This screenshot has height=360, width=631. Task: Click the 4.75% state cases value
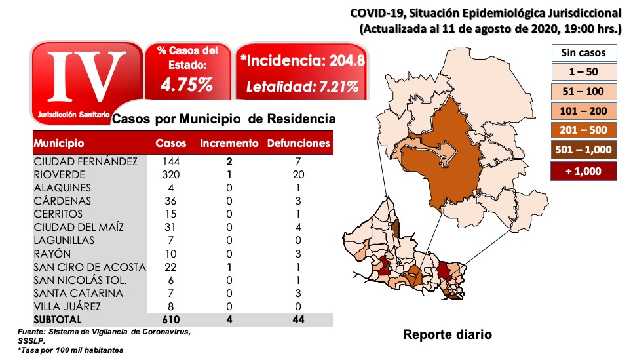coord(187,85)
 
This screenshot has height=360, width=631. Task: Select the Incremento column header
coord(229,143)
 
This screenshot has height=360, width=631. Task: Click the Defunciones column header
coord(299,143)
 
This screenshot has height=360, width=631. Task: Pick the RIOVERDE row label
coord(61,174)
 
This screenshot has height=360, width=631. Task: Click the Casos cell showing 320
coord(170,174)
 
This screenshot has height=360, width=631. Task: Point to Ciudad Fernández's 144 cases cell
coord(170,161)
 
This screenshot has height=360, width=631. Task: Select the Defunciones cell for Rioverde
coord(299,174)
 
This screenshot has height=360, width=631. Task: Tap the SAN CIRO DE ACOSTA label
coord(90,267)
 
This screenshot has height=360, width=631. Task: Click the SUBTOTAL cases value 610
coord(170,319)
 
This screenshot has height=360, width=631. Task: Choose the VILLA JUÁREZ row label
coord(68,306)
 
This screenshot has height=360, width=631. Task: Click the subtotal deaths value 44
coord(299,319)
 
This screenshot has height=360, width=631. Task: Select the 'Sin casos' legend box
coord(584,52)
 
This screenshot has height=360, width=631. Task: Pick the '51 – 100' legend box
coord(584,92)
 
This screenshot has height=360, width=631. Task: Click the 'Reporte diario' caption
coord(446,335)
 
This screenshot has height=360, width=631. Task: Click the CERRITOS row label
coord(59,214)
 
